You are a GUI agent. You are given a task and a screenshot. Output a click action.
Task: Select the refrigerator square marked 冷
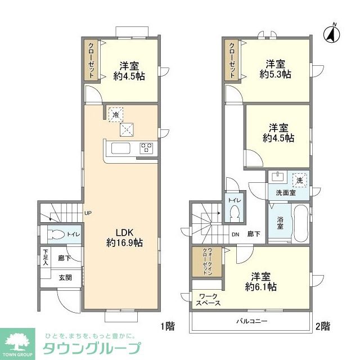coord(115,114)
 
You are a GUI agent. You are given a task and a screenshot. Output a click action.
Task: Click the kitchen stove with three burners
coord(147,148)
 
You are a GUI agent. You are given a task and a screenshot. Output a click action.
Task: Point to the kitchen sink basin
coord(120,148)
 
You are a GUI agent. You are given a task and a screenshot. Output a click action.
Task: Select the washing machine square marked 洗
coord(300,180)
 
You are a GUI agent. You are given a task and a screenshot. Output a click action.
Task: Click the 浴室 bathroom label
coord(280,223)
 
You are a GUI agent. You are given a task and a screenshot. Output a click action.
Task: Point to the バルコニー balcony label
coord(251,321)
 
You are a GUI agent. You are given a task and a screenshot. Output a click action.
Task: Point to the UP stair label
coord(88,213)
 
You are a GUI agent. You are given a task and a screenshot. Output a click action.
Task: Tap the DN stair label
coord(235,235)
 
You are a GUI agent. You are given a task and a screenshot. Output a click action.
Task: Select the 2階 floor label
coord(322,326)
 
